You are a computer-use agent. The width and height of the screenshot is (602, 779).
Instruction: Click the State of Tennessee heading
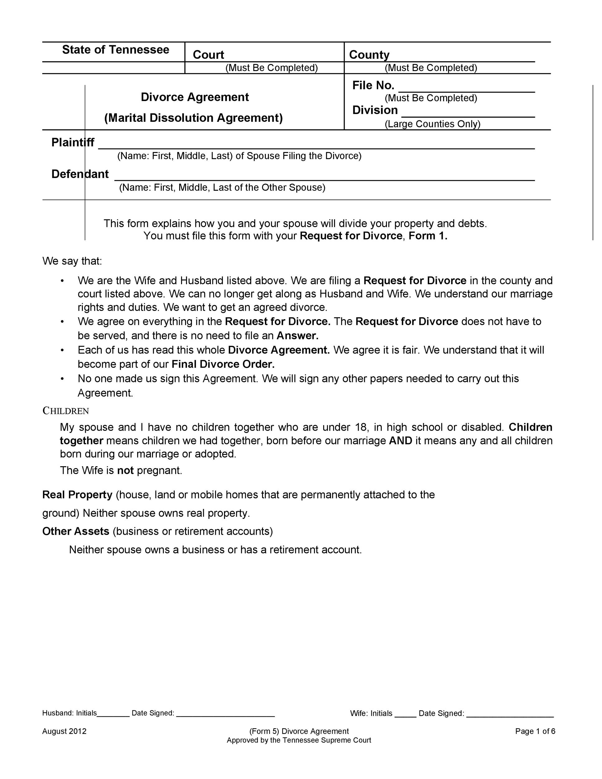116,50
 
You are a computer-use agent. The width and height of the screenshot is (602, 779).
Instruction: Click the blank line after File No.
466,89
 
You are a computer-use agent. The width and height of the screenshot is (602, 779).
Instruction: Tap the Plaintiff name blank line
316,146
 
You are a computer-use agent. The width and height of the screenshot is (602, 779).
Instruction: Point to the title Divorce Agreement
195,97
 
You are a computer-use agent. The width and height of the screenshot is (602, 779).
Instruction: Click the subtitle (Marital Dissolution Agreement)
193,118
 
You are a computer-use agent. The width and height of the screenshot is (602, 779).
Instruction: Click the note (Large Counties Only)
432,124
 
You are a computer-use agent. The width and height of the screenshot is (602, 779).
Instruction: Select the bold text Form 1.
428,236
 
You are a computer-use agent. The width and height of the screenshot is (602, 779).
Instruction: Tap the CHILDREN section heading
66,411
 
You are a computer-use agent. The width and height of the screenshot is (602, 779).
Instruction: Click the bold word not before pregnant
125,471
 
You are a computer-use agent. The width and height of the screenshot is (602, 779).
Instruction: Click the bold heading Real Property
77,495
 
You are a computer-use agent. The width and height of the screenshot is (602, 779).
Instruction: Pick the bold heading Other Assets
76,531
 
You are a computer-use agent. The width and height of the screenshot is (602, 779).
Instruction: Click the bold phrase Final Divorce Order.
223,364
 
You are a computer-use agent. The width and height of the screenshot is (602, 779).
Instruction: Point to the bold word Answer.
298,336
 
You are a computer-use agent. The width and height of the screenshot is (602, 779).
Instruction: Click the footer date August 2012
64,731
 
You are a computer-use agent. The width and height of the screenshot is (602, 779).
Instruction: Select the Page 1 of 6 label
535,731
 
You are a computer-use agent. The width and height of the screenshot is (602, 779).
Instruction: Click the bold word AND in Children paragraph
400,441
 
